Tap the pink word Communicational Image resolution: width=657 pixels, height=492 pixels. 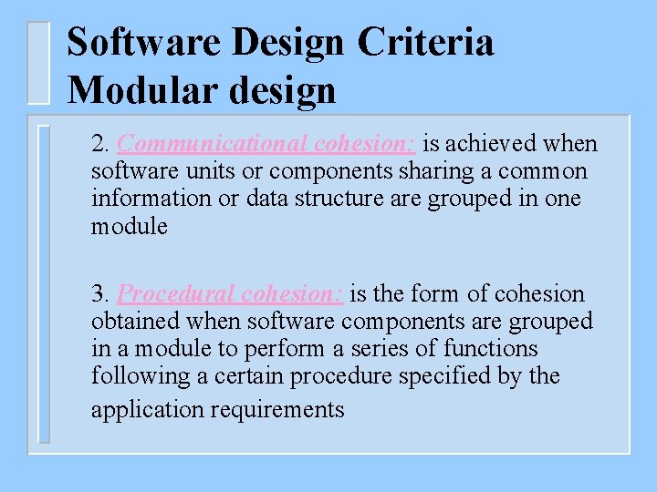[x=212, y=144]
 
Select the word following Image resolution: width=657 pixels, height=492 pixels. [x=134, y=376]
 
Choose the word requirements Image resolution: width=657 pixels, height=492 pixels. [x=277, y=410]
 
